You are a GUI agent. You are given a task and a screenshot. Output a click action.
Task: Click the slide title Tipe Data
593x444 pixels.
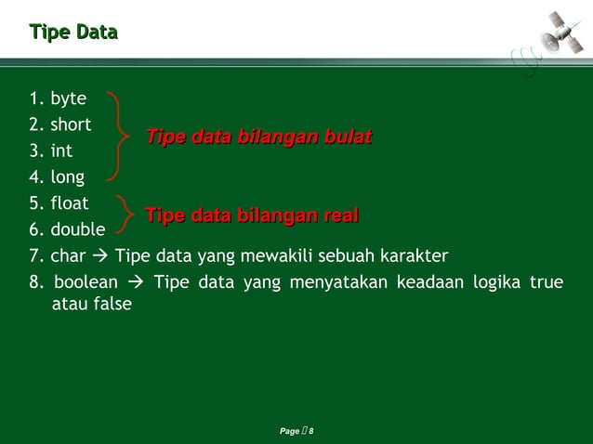73,33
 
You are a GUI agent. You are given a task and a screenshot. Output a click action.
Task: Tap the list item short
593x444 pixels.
71,124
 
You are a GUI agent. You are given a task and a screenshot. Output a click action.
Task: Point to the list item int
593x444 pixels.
61,150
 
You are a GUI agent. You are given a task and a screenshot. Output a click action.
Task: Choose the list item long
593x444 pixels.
67,176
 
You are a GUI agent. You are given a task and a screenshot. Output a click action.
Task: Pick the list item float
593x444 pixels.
70,202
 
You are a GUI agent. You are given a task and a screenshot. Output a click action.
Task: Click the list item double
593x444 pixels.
77,229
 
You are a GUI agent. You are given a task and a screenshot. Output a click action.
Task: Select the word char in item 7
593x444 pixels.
67,255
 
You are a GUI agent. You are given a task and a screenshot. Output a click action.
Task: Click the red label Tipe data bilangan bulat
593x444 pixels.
258,137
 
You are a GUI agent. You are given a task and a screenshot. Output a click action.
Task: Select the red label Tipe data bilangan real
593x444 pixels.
251,216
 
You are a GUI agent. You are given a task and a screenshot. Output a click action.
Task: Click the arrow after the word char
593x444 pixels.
99,255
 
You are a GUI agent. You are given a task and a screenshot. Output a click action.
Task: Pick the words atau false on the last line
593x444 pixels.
91,304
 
